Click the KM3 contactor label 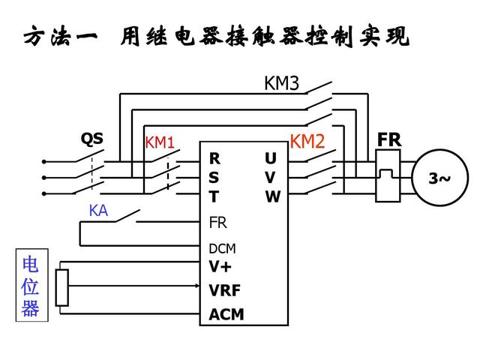(281, 83)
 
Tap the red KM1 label (159, 142)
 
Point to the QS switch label (92, 139)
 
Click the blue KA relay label (98, 211)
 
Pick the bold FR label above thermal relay (389, 140)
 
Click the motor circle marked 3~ (439, 178)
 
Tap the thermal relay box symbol (388, 178)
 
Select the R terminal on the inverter (214, 159)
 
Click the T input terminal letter (214, 197)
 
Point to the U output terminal (271, 159)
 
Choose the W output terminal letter (271, 197)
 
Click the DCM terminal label (222, 249)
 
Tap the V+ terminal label (220, 265)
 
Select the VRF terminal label (225, 290)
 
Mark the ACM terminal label (226, 314)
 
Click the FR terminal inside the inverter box (217, 223)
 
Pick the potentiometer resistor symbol (62, 288)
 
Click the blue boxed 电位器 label (31, 287)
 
